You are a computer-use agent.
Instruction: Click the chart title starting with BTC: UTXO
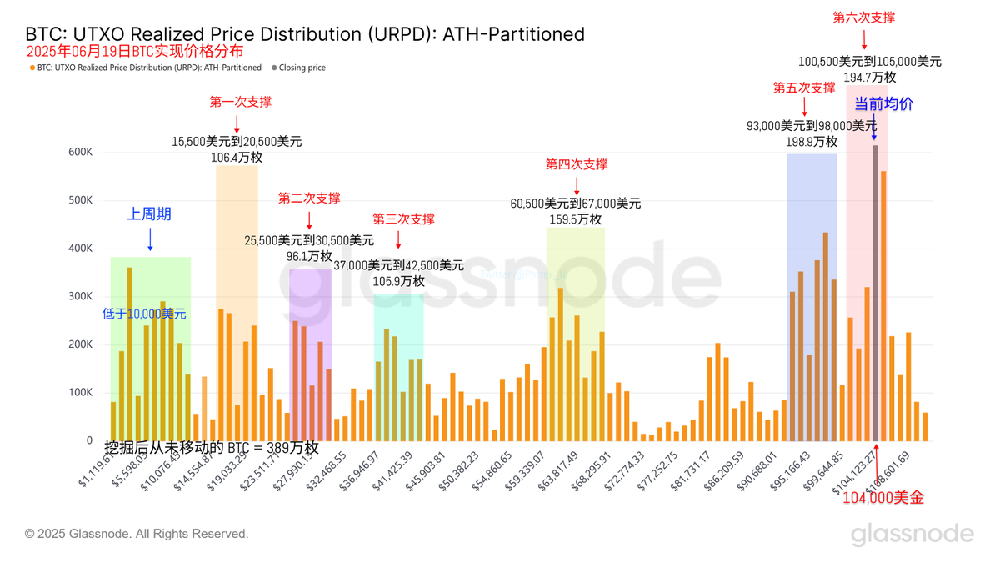[305, 34]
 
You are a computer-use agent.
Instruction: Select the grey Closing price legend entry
[302, 68]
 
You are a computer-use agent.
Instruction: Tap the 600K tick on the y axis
[80, 152]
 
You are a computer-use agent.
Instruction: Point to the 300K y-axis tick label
[80, 296]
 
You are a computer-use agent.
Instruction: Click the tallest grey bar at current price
[875, 292]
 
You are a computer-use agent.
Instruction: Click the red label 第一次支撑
[240, 102]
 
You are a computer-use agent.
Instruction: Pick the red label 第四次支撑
[577, 164]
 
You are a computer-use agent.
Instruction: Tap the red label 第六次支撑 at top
[864, 17]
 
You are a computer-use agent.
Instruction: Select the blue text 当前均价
[883, 104]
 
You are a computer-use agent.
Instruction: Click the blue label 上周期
[149, 214]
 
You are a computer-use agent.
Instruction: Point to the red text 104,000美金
[883, 498]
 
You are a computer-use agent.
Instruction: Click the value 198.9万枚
[812, 142]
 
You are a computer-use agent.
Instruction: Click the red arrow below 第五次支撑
[804, 106]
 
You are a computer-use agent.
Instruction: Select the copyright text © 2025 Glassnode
[137, 534]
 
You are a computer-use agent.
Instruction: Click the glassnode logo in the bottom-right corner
[912, 534]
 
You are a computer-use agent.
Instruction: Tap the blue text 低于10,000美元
[144, 314]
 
